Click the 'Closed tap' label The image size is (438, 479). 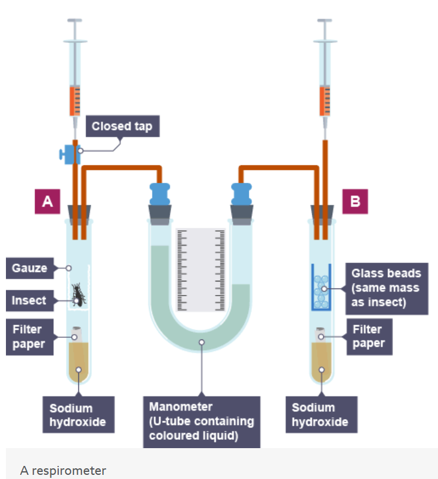pos(122,126)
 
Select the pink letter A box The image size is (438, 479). pos(47,201)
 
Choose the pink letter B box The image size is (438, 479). pos(356,201)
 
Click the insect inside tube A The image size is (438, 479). pos(78,294)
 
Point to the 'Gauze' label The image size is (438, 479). pos(30,268)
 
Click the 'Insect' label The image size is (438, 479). pos(29,300)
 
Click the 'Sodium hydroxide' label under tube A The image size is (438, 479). pos(71,415)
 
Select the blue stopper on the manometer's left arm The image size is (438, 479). pos(160,194)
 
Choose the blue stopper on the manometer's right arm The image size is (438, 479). pos(242,194)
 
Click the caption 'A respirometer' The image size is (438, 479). pos(63,471)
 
